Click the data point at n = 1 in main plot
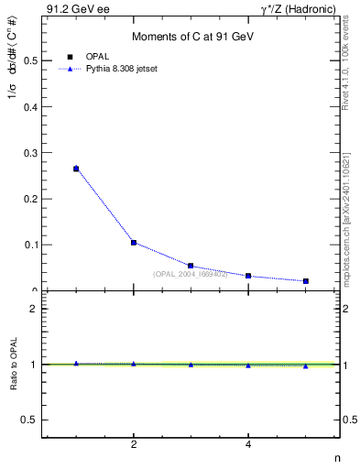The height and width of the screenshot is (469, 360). [76, 169]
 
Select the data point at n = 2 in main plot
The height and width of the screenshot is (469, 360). [134, 243]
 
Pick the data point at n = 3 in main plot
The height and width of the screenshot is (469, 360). [191, 266]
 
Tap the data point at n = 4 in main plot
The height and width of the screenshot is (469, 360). [248, 276]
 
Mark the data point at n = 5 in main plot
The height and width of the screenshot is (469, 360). [305, 281]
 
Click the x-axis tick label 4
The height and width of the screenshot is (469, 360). [248, 445]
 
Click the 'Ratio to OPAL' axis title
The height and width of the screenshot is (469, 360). [12, 365]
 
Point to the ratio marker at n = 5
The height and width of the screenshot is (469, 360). [305, 365]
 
